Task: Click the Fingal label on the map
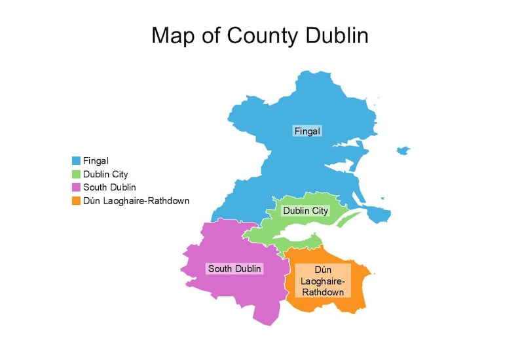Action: pyautogui.click(x=307, y=131)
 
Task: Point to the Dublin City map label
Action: pyautogui.click(x=305, y=211)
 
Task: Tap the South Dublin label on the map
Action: pyautogui.click(x=234, y=268)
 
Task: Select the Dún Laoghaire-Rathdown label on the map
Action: pyautogui.click(x=322, y=281)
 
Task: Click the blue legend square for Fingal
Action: pyautogui.click(x=76, y=160)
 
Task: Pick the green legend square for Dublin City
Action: pyautogui.click(x=76, y=174)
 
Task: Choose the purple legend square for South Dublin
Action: pyautogui.click(x=76, y=187)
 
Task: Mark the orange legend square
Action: pyautogui.click(x=76, y=200)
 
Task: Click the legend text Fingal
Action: pyautogui.click(x=96, y=160)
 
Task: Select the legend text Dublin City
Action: pyautogui.click(x=105, y=174)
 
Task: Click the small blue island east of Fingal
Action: pyautogui.click(x=403, y=151)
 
